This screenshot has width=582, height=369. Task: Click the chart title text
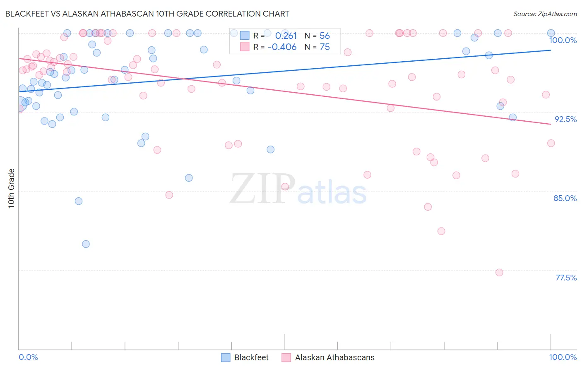(x=147, y=14)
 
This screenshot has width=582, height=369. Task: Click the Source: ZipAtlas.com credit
(x=545, y=14)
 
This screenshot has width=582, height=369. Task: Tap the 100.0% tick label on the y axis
(x=563, y=40)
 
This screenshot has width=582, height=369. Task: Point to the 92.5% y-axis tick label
(x=565, y=119)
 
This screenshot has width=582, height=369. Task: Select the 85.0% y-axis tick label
(x=565, y=198)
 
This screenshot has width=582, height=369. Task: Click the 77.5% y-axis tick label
(x=566, y=278)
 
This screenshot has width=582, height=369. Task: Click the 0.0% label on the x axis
(x=29, y=357)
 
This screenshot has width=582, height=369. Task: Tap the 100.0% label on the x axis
(x=563, y=357)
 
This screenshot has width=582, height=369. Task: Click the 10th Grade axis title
(x=12, y=188)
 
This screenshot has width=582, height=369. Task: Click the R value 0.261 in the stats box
(x=286, y=36)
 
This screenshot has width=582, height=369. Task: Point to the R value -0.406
(x=282, y=47)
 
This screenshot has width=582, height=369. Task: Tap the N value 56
(x=325, y=36)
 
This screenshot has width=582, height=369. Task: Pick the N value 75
(x=325, y=47)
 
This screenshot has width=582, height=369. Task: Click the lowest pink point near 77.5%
(x=499, y=273)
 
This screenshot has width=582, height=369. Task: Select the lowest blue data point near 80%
(x=86, y=244)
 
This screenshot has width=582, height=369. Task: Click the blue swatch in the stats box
(x=245, y=36)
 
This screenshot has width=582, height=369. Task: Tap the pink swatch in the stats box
(x=245, y=47)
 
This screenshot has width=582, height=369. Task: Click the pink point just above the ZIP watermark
(x=285, y=187)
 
